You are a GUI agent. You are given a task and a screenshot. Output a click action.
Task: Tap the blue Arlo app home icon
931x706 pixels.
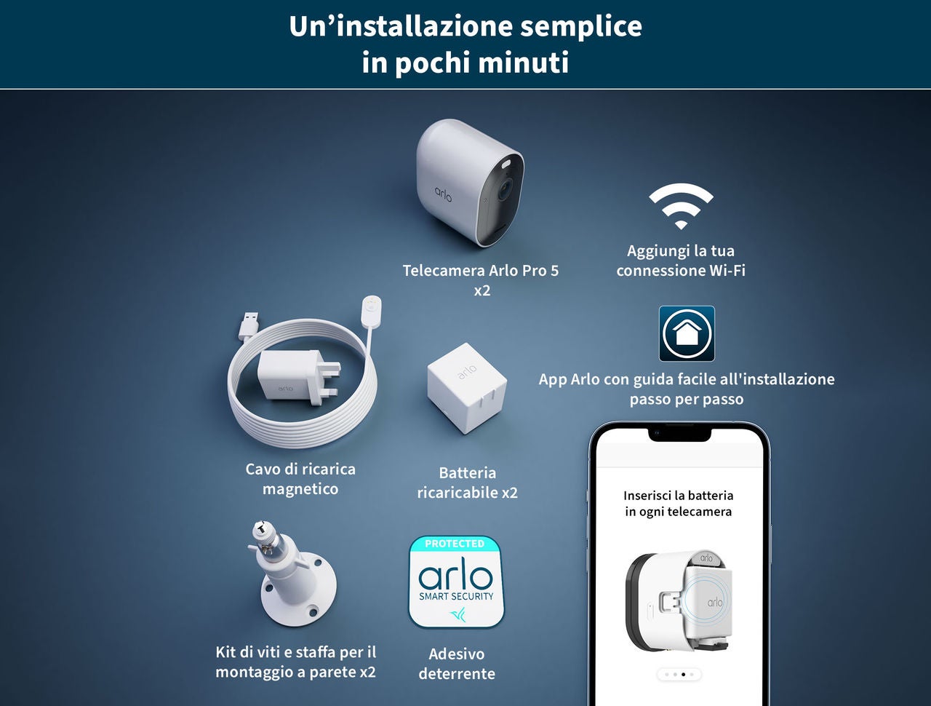(687, 333)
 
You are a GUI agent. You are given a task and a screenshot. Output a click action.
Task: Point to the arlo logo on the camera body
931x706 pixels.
(444, 194)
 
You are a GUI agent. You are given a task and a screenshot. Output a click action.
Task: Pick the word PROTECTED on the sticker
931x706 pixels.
(455, 544)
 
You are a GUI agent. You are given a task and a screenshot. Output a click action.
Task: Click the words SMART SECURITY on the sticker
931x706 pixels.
(456, 596)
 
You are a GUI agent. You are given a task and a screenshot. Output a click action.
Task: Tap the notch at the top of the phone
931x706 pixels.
(679, 434)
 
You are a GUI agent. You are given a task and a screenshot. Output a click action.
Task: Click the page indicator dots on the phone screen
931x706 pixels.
(679, 675)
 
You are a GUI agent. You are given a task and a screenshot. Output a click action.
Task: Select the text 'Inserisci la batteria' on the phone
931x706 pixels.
(678, 496)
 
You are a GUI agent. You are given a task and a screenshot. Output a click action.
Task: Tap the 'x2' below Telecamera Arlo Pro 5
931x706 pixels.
(482, 290)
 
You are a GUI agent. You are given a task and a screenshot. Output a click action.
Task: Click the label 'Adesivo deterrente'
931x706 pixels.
(457, 664)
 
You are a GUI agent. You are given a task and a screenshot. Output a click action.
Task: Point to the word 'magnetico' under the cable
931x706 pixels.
(300, 489)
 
